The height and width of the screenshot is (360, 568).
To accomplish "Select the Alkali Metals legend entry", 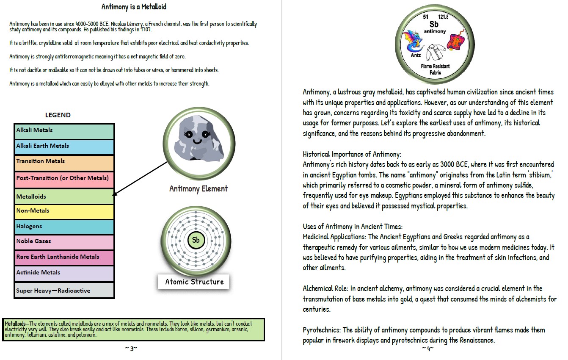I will tap(64, 131).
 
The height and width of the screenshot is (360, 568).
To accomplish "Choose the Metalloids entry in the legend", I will tap(64, 196).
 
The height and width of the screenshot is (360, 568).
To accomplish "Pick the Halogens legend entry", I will tap(64, 227).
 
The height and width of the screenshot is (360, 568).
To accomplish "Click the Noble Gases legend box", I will tap(64, 242).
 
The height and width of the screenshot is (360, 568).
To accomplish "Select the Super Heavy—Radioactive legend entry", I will tap(64, 291).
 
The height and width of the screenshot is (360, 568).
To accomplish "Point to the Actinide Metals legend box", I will tap(64, 273).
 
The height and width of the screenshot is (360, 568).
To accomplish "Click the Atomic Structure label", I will tap(194, 282).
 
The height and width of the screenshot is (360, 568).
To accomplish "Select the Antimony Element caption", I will tap(199, 189).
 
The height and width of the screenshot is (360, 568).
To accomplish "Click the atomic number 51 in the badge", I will tap(426, 17).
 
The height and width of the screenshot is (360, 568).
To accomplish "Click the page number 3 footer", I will tap(131, 349).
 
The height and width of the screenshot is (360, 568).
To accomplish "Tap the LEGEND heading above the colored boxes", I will tap(58, 115).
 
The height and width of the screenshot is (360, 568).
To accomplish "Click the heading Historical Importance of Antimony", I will tap(352, 154).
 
